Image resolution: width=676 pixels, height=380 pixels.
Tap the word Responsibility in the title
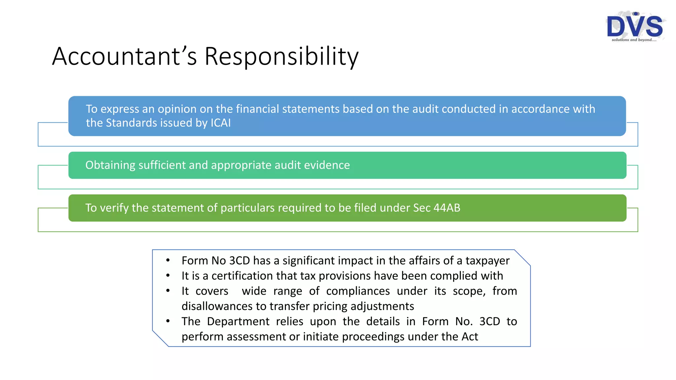click(x=281, y=56)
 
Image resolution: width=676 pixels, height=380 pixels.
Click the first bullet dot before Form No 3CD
click(x=168, y=261)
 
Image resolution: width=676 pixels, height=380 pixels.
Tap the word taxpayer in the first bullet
click(x=488, y=261)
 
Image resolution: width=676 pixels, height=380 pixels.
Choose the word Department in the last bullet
click(x=238, y=321)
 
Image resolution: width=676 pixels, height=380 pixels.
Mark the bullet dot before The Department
click(x=168, y=321)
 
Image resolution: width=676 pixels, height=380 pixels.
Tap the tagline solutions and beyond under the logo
click(x=634, y=40)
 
